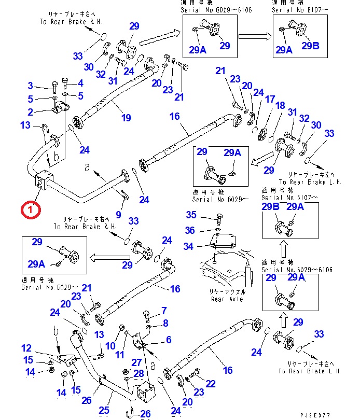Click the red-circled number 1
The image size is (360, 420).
pyautogui.click(x=30, y=210)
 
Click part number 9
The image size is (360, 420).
pyautogui.click(x=119, y=215)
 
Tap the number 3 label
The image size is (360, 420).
pyautogui.click(x=30, y=86)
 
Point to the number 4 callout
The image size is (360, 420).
pyautogui.click(x=80, y=83)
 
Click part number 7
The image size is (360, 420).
pyautogui.click(x=164, y=311)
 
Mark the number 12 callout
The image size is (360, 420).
pyautogui.click(x=26, y=348)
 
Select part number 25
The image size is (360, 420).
pyautogui.click(x=105, y=410)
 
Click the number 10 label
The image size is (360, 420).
pyautogui.click(x=110, y=346)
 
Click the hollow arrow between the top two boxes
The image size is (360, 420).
pyautogui.click(x=254, y=36)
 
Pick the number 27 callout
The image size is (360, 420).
pyautogui.click(x=136, y=362)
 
